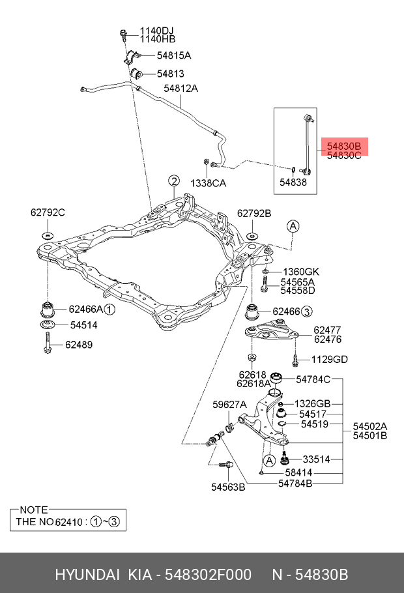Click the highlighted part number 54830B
coord(343,146)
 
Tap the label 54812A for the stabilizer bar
coord(180,89)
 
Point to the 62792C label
coord(48,212)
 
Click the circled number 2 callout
coord(173,181)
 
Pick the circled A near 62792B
coord(293,226)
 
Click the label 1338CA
coord(208,183)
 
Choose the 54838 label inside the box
coord(293,183)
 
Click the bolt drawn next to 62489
coord(48,343)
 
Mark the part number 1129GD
coord(329,359)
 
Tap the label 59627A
coord(229,405)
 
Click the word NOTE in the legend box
coord(34,510)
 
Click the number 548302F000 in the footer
coord(208,575)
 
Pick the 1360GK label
coord(300,271)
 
